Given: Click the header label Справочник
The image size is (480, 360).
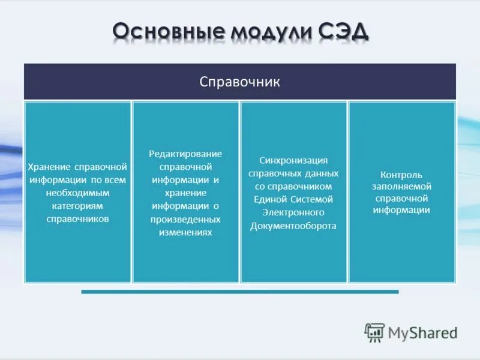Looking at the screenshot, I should (239, 82).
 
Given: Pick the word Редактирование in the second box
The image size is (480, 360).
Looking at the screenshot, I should (185, 154).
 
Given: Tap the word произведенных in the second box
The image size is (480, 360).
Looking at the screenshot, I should (185, 219).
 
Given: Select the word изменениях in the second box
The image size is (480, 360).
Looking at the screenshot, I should (185, 232).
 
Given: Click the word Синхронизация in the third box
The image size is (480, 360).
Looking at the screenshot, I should (293, 160).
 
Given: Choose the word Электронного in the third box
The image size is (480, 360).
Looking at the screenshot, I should (293, 212).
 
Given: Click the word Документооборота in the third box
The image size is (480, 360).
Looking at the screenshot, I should (293, 226).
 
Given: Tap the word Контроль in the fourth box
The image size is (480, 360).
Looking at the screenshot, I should (401, 175).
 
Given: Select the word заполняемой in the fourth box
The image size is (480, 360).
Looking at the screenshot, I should (401, 186).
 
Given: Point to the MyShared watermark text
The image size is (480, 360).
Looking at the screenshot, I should (422, 332).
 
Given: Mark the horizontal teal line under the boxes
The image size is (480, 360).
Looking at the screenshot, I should (239, 292).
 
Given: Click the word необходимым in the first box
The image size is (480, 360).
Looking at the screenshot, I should (77, 193).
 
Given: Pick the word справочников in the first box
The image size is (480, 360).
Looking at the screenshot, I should (77, 219).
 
